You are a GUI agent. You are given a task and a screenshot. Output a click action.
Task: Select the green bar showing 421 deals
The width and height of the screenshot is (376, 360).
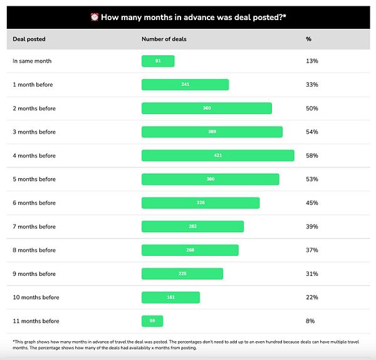click(x=217, y=156)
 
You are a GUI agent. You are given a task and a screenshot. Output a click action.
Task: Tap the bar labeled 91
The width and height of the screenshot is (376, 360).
click(x=158, y=61)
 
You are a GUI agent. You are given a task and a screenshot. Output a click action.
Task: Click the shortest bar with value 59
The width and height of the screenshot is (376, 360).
click(x=152, y=321)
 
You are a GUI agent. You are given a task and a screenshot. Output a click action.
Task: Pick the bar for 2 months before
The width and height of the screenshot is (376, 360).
click(x=207, y=109)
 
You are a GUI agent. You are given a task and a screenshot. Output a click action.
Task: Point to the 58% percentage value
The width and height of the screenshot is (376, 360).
click(x=311, y=156)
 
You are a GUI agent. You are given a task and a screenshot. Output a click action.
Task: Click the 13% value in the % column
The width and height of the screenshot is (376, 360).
click(x=311, y=61)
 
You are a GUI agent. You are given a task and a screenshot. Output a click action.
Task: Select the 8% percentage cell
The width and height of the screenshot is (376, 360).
click(x=310, y=321)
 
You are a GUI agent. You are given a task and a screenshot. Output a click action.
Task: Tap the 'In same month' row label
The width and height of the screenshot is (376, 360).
click(x=32, y=61)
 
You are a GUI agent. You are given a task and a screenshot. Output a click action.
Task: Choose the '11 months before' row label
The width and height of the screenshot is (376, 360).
click(x=36, y=321)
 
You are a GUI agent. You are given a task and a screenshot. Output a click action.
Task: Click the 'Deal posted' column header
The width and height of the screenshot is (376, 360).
click(x=29, y=39)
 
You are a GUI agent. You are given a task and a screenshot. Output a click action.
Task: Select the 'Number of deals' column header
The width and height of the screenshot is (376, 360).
click(x=164, y=39)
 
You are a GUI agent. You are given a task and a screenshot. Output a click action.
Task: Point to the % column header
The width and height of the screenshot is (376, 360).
click(x=308, y=39)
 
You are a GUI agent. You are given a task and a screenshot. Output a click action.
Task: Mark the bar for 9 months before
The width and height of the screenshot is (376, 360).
click(x=182, y=274)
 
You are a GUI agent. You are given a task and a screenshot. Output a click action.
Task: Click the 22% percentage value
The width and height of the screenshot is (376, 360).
click(x=311, y=297)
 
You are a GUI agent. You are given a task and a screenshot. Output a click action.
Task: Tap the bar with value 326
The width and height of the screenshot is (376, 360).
click(x=201, y=203)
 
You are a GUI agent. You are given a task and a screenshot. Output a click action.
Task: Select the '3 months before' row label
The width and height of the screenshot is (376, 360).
click(x=34, y=132)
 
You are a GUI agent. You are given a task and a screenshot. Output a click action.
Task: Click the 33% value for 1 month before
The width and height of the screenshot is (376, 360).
click(x=311, y=85)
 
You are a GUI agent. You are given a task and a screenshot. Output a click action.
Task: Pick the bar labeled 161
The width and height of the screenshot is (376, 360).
click(x=170, y=297)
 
